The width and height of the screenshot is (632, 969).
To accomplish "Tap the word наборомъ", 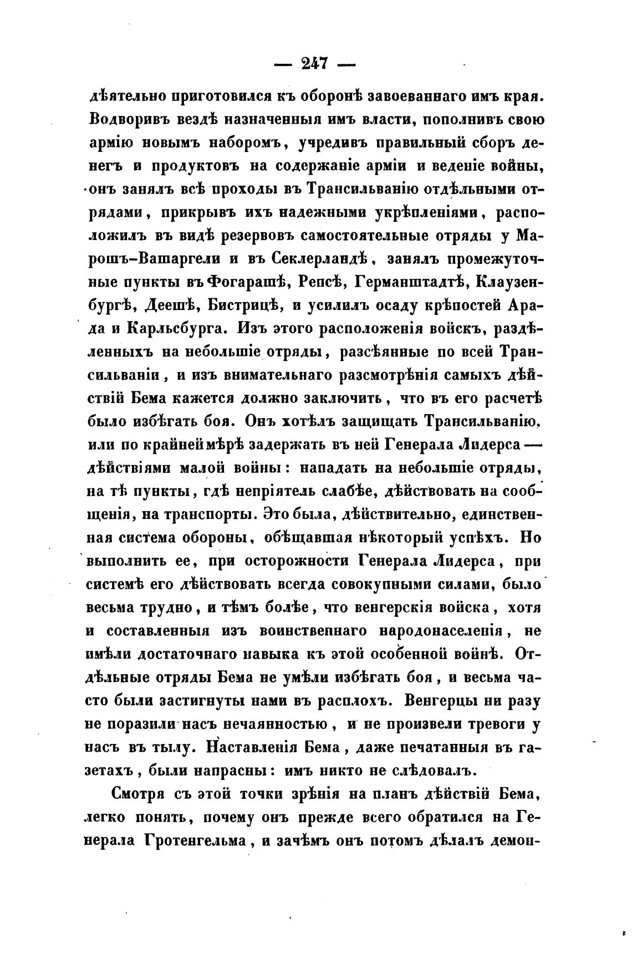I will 246,143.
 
